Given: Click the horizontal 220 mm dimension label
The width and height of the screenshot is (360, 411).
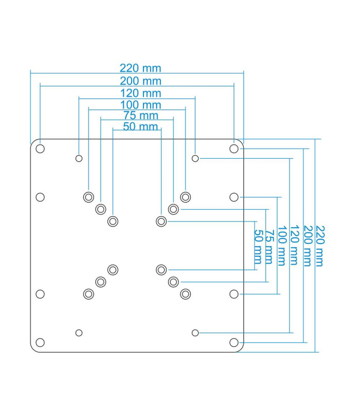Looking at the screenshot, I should point(140,68).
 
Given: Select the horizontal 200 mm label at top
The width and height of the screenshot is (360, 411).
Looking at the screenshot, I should point(140,81).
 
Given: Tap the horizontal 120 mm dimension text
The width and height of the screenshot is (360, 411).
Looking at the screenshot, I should point(140,94).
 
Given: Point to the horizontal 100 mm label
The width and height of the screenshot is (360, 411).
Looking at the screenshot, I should point(140,106).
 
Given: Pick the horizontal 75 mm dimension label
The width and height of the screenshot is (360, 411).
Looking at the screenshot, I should point(141,116).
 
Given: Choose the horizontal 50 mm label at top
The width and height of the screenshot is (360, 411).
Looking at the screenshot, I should point(140,126).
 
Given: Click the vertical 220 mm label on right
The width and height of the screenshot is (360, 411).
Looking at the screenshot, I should point(319,245).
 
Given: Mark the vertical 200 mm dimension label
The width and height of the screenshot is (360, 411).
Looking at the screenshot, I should point(307,245).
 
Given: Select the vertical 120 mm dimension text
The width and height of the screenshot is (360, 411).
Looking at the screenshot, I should point(294,245).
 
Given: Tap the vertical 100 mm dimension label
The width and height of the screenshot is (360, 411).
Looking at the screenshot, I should point(281,245).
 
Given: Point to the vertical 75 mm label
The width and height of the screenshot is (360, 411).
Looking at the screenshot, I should point(269,245).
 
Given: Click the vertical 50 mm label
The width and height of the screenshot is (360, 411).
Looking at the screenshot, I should point(258,245).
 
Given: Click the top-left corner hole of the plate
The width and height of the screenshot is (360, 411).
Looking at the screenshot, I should point(40,148).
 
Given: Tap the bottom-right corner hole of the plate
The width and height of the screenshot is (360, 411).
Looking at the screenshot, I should point(234,342).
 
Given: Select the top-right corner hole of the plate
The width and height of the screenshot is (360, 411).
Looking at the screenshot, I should point(234,148).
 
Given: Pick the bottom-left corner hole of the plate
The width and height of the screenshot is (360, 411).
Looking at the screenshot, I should point(40,342).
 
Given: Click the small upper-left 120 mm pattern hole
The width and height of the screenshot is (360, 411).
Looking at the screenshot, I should point(79,158).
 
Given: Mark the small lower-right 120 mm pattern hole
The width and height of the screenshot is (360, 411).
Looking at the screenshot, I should point(195,333).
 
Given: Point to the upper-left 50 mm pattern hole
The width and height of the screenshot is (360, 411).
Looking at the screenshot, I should point(113,221).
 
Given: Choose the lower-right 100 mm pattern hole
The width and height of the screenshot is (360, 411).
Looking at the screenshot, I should point(186,294).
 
